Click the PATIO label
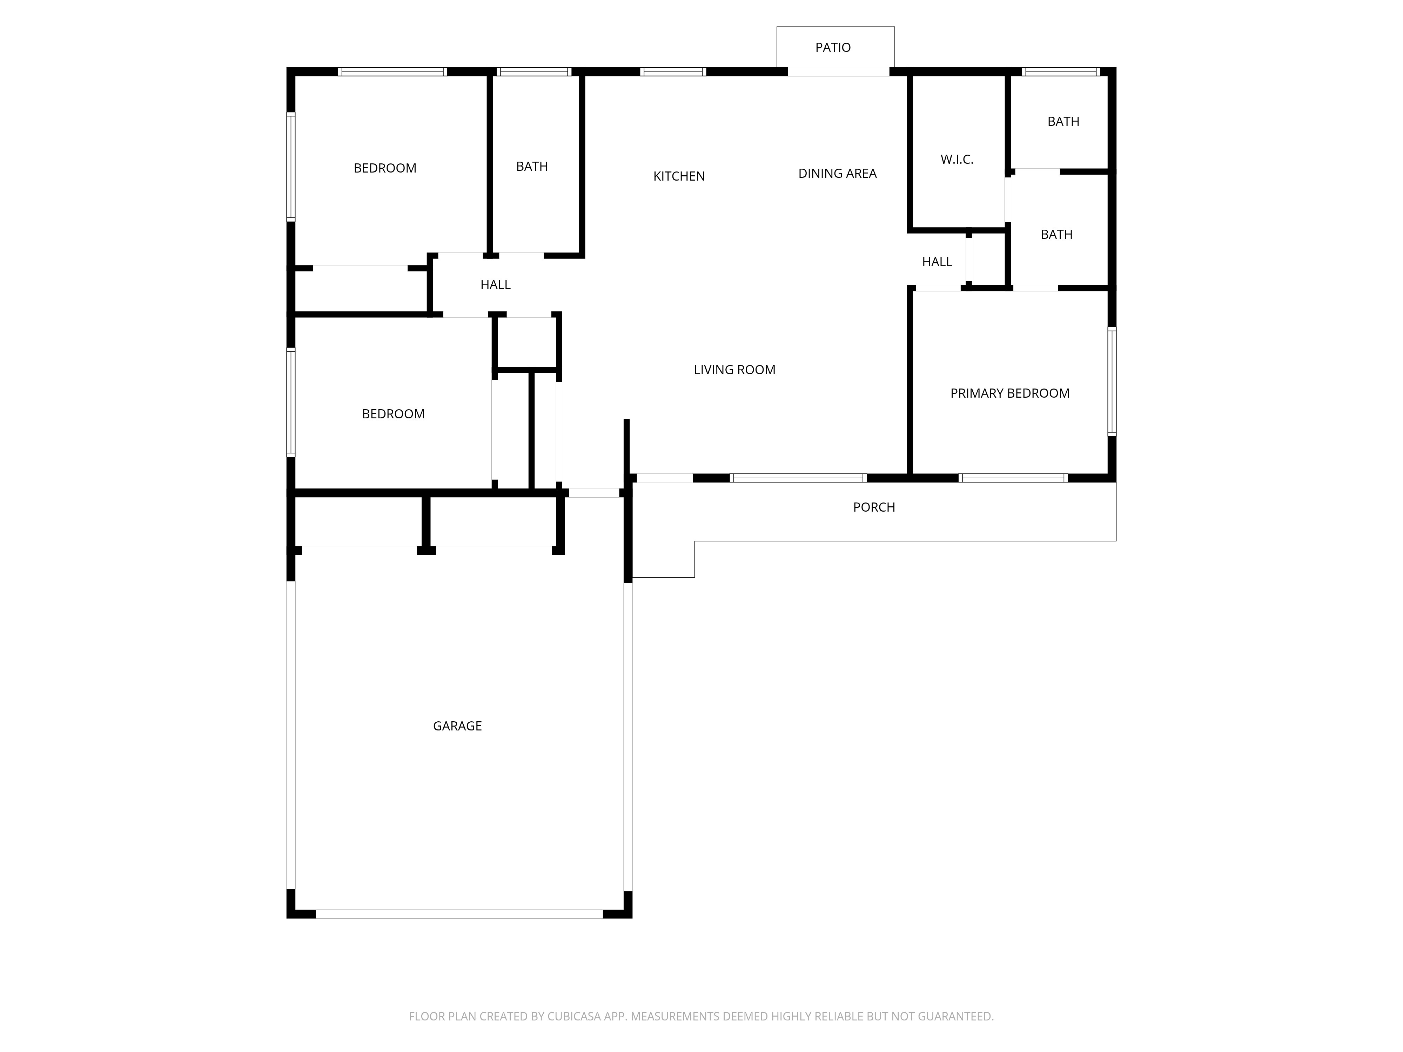click(833, 48)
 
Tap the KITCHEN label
click(679, 176)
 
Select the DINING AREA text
click(837, 173)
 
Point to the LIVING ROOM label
click(734, 370)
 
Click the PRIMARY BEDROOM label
click(1010, 393)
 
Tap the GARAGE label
click(457, 726)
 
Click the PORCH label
click(874, 507)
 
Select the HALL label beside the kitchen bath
click(495, 285)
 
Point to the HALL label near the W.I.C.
click(937, 262)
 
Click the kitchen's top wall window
click(673, 72)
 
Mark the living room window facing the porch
click(798, 478)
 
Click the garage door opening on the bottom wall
click(459, 914)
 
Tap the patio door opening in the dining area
click(839, 72)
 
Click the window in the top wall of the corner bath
click(1061, 72)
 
